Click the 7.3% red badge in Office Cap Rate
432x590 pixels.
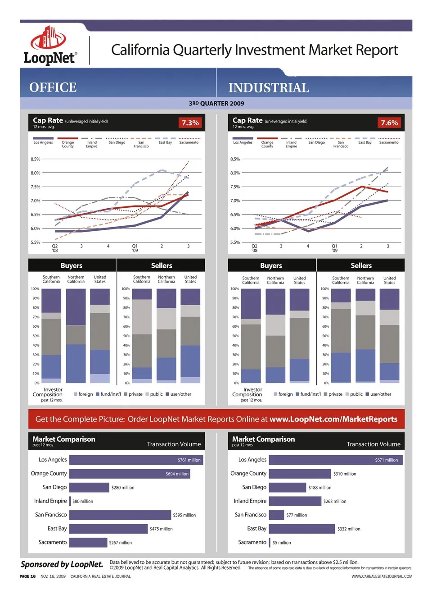190,123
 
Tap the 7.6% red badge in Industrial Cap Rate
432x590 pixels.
389,123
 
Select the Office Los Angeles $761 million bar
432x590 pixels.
136,460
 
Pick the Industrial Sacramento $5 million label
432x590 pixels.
282,543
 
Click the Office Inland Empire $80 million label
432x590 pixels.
83,501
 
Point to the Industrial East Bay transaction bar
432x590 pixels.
301,529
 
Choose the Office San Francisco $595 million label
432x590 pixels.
184,515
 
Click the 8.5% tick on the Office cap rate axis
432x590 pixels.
36,159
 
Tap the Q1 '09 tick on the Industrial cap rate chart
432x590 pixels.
334,248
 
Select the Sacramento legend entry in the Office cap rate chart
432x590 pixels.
189,142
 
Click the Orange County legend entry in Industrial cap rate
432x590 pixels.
267,144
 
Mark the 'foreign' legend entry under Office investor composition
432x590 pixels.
83,394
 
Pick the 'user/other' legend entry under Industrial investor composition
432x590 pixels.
378,394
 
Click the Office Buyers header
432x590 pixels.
72,265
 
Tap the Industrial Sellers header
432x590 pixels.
361,265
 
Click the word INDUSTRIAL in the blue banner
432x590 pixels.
269,87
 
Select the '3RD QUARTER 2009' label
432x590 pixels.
216,103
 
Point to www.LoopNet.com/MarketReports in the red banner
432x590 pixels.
333,419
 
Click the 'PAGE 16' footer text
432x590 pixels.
27,576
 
